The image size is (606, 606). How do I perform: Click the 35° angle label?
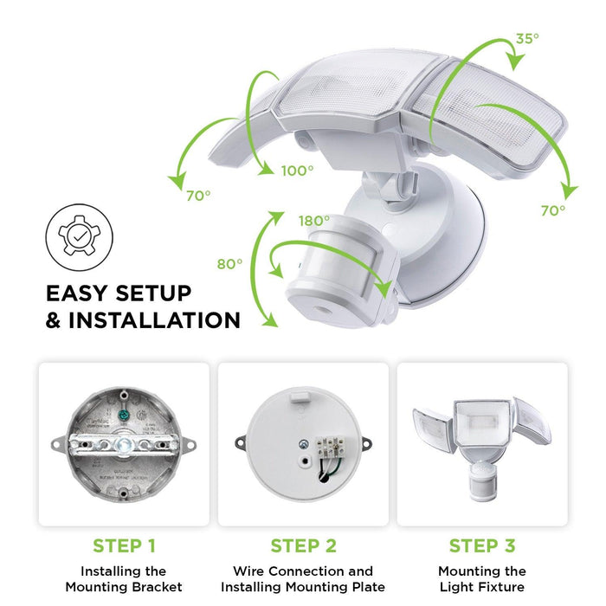(528, 38)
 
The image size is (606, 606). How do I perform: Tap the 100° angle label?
(297, 171)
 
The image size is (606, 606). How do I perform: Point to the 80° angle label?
(229, 264)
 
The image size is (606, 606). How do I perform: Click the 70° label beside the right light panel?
(553, 210)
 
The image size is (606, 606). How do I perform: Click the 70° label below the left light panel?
(197, 195)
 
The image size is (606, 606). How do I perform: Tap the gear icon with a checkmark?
(74, 233)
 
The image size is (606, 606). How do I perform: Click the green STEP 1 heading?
(123, 546)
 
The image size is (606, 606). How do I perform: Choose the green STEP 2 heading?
(302, 546)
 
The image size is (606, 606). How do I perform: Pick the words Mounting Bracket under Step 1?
(123, 587)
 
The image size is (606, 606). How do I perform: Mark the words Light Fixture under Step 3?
(481, 587)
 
